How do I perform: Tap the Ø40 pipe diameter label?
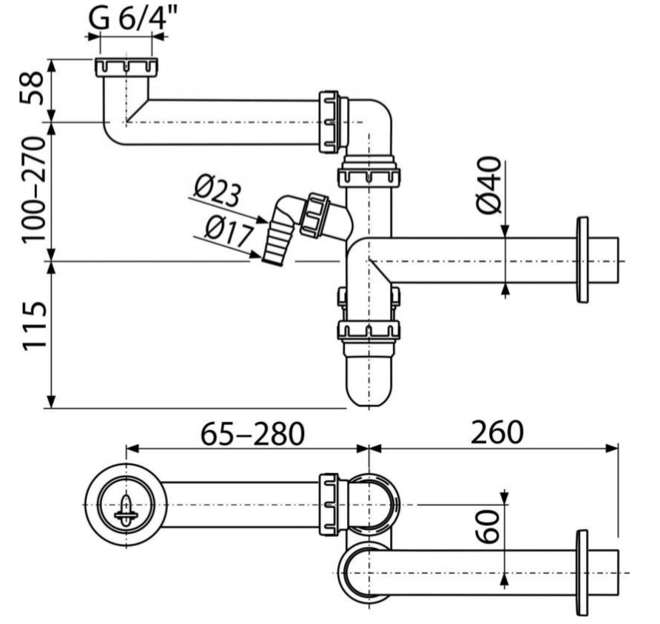click(491, 186)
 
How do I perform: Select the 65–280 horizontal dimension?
click(252, 434)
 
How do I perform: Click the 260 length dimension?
click(496, 432)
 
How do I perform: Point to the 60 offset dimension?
click(489, 526)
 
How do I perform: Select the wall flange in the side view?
click(582, 260)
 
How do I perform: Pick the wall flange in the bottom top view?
click(582, 572)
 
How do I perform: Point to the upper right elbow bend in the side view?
click(374, 118)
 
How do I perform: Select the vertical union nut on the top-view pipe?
click(330, 503)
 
